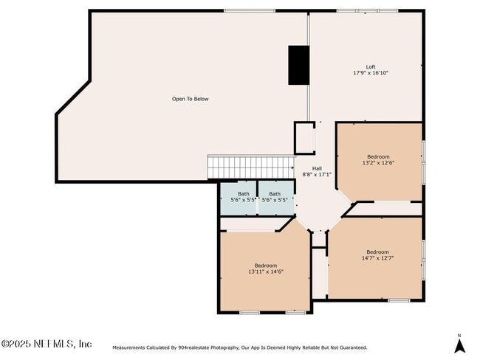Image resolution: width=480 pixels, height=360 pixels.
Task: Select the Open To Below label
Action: coord(191,99)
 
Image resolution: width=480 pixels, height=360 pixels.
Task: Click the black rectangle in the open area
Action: coord(298,65)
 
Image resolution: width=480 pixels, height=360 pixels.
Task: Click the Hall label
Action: coord(317,168)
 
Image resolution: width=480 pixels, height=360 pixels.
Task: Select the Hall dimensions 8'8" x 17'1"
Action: coord(317,175)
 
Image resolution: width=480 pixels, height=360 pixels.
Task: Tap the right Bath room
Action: coord(275,197)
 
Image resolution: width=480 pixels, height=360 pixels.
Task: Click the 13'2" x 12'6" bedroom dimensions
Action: coord(378,162)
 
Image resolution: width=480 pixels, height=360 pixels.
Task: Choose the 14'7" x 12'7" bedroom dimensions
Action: coord(377,258)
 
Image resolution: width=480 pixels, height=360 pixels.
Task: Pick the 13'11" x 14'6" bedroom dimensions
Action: coord(266,271)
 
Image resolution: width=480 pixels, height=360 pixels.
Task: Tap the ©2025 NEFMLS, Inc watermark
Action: coord(47,344)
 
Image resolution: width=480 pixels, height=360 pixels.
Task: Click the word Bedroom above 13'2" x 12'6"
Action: coord(378,156)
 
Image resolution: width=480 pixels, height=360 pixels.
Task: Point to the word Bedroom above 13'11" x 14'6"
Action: coord(266,265)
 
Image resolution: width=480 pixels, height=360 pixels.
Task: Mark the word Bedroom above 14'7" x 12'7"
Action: coord(377,252)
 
